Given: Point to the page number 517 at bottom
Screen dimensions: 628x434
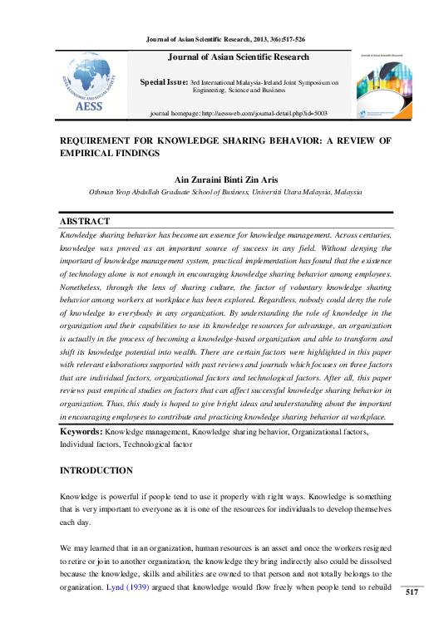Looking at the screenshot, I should tap(411, 592).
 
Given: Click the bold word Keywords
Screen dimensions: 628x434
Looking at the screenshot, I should tap(81, 432).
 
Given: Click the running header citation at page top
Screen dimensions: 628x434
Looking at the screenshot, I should tap(225, 38).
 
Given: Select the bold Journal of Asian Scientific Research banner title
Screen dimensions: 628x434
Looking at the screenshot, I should tap(239, 57).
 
